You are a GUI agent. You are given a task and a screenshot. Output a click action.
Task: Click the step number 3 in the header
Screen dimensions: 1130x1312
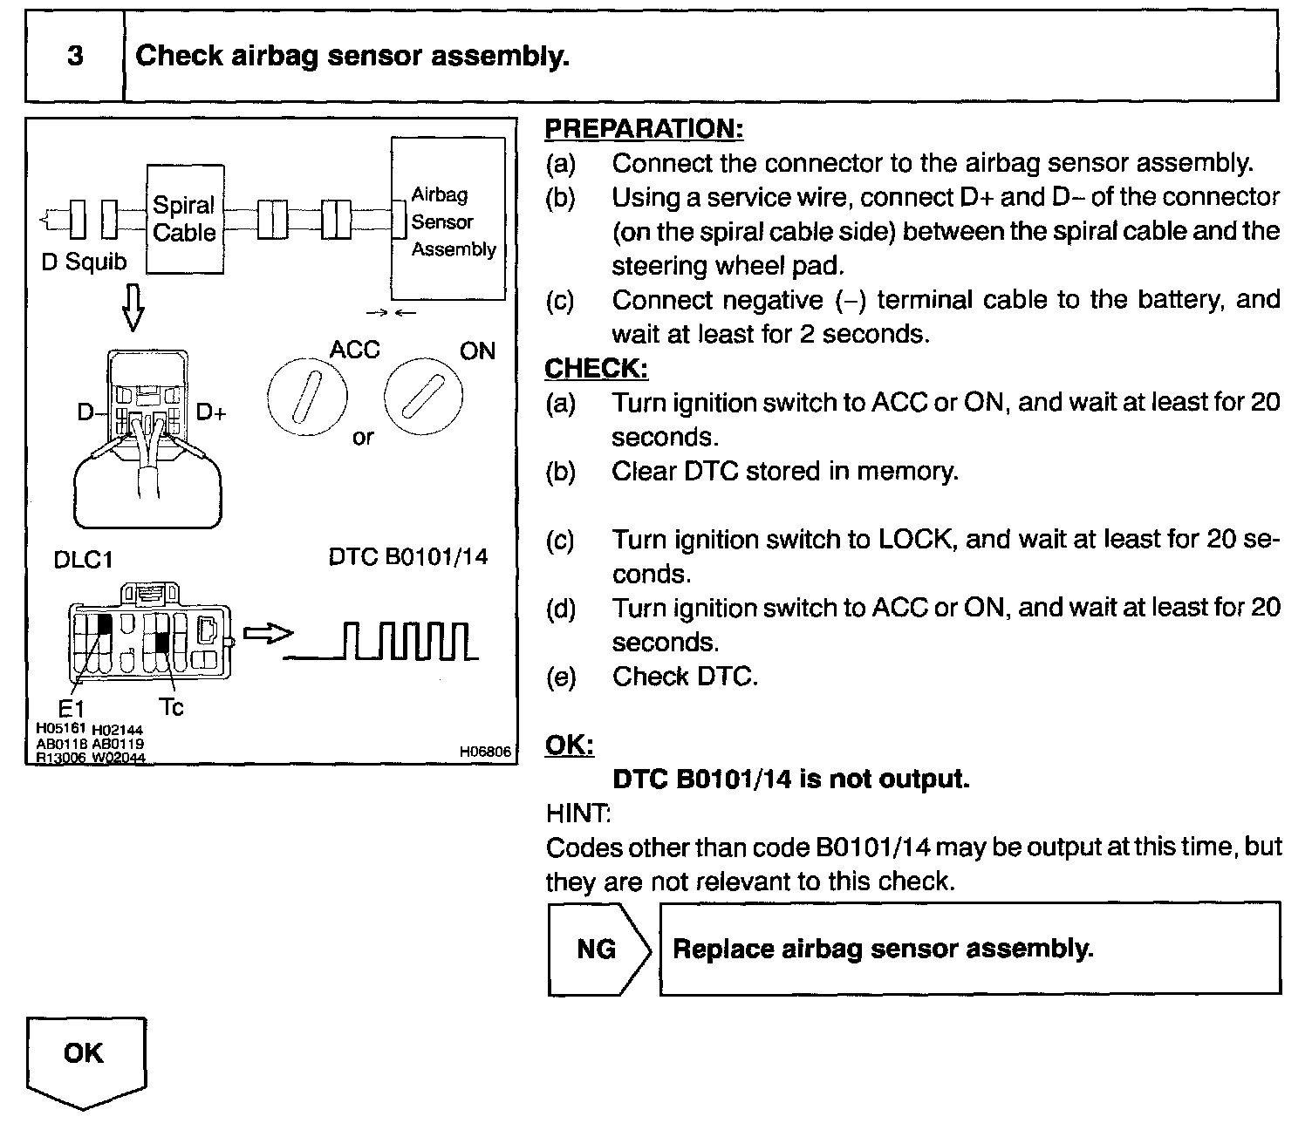75,57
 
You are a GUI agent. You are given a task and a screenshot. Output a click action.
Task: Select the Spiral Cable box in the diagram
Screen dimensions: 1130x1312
184,219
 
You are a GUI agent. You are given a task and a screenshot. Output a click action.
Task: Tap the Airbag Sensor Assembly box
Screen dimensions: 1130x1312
448,220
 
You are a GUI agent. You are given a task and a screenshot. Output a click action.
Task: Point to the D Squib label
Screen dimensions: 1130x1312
84,262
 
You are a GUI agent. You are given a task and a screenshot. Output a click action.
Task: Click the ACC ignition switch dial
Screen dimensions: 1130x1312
307,398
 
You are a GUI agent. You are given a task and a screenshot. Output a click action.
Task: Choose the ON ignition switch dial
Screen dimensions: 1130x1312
423,398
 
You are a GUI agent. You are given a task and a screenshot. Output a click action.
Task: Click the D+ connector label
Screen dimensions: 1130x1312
211,412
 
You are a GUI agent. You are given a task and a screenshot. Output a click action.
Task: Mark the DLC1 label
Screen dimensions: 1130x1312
84,560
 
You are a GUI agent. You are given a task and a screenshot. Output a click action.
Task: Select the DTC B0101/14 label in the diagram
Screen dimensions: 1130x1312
408,556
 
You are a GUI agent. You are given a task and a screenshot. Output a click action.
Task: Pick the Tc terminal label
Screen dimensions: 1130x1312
172,706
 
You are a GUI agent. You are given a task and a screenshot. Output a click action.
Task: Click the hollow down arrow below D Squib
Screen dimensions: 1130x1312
132,309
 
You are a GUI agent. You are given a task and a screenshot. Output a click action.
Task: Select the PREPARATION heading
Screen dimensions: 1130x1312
644,129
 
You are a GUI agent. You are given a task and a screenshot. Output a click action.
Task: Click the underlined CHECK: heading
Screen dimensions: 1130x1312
596,368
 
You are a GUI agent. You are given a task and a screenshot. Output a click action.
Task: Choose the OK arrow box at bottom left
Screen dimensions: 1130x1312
85,1057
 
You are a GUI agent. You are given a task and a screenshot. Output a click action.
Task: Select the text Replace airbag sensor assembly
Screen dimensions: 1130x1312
883,949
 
